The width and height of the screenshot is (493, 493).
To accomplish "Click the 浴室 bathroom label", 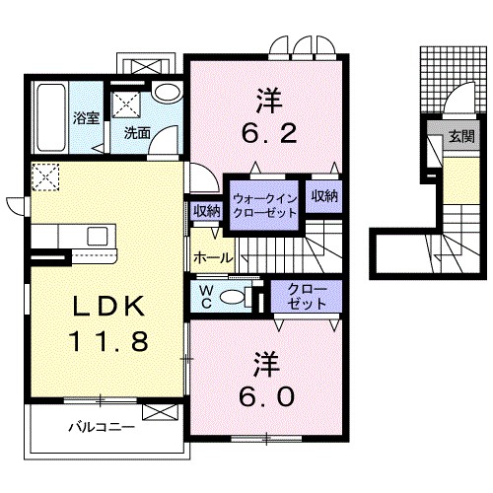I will click(86, 119).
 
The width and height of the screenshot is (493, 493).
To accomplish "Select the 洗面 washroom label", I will click(137, 132).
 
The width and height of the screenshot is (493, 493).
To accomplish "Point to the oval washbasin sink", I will click(167, 95).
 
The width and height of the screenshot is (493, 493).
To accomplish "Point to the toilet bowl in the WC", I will click(235, 298).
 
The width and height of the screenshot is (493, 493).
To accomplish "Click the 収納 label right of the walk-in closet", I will click(324, 196).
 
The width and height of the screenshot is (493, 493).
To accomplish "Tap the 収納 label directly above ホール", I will click(206, 209).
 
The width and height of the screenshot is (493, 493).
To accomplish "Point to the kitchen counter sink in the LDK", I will click(99, 236).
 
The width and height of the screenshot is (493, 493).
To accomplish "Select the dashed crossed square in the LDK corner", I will click(46, 178).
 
